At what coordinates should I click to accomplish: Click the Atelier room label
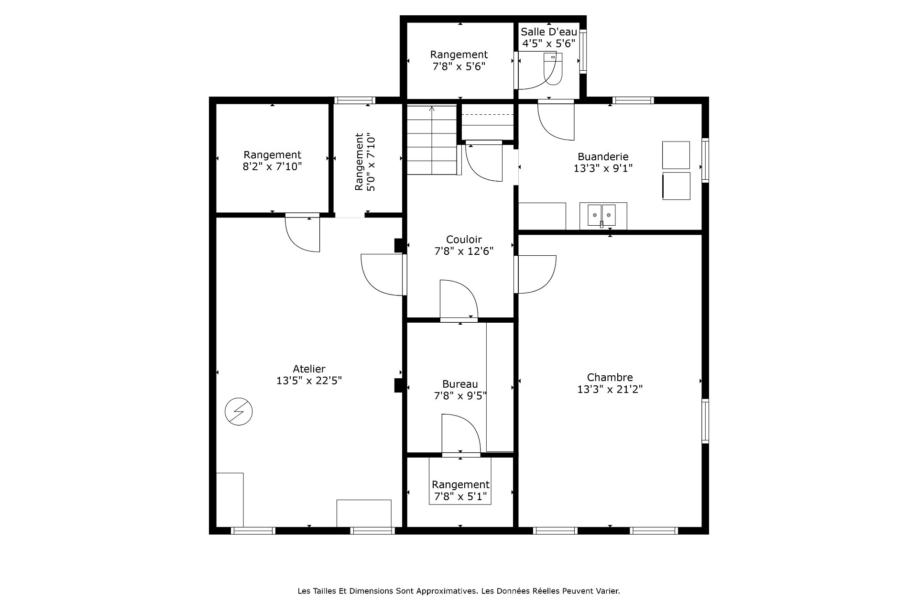309,369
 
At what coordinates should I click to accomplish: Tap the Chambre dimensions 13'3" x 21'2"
610,389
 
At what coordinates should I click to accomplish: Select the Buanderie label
603,157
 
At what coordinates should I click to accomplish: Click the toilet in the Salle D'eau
554,68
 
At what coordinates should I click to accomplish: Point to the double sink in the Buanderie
602,215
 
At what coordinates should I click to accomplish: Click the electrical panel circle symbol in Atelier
239,412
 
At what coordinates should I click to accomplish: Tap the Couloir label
464,240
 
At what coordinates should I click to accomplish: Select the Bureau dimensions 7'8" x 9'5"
460,396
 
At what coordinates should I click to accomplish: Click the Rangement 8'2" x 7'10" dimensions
273,167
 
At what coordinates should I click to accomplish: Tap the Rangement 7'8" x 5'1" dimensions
460,497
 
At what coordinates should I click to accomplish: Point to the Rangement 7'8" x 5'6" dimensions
459,66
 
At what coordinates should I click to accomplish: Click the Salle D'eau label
549,32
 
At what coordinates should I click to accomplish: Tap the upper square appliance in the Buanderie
676,155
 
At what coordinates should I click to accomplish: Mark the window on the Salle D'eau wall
583,50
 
